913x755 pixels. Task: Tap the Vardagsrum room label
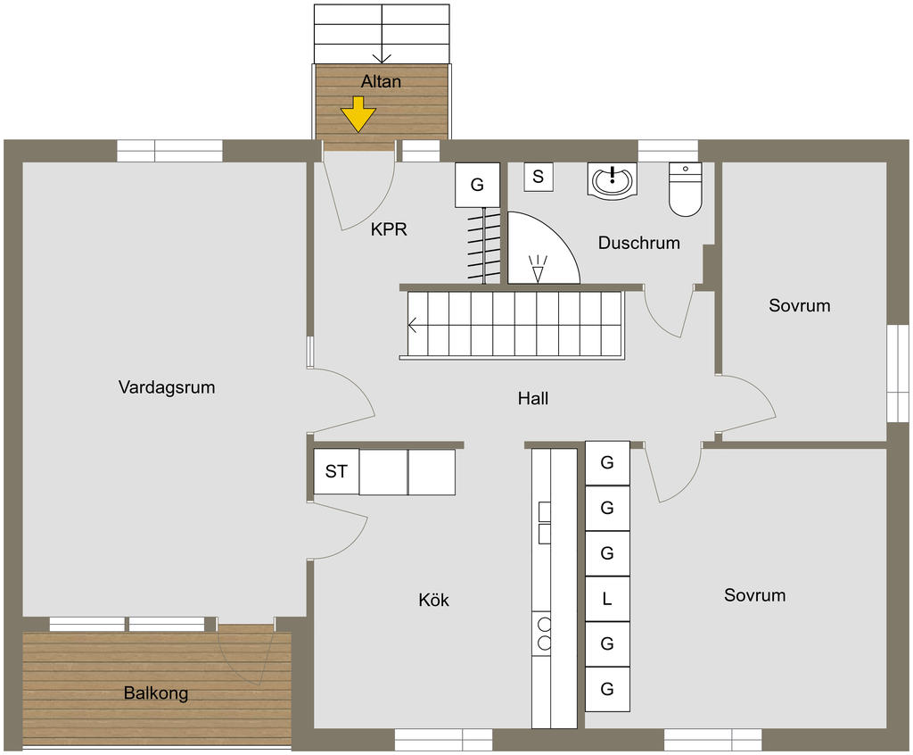(x=167, y=387)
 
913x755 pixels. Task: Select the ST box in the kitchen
(x=336, y=471)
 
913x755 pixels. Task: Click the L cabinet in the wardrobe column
(x=607, y=600)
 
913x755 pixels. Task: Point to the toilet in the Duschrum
(x=685, y=191)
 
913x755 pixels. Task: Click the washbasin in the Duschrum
(x=613, y=180)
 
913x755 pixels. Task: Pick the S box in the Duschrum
(x=539, y=177)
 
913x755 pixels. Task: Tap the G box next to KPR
(x=477, y=186)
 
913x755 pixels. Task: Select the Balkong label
(x=156, y=693)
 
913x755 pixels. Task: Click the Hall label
(x=533, y=399)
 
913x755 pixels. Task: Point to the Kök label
(x=434, y=601)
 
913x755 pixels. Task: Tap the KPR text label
(x=389, y=229)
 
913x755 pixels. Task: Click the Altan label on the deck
(x=381, y=81)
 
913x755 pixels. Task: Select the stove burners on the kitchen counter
(x=542, y=633)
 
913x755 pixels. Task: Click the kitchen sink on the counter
(x=543, y=522)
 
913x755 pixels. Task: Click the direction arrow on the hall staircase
(x=414, y=326)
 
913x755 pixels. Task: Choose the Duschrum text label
(x=639, y=243)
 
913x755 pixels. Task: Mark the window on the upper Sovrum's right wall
(x=896, y=372)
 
